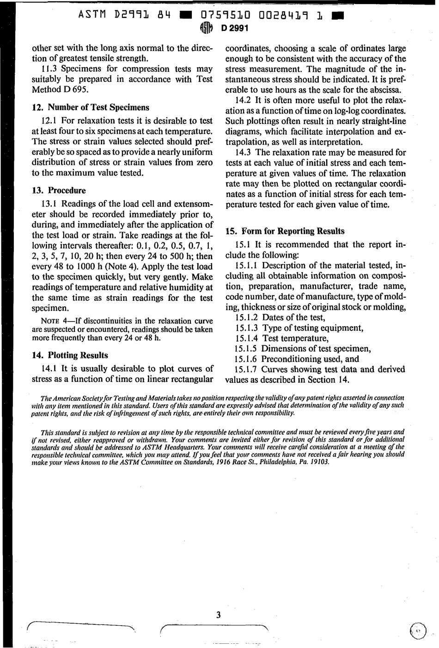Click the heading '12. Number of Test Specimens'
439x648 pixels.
point(90,107)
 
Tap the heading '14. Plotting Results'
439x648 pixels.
point(70,355)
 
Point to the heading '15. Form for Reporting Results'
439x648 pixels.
point(285,231)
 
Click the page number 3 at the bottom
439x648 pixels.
point(219,615)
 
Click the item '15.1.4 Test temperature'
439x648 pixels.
point(282,338)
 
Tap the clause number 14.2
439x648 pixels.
point(244,100)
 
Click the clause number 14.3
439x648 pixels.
point(244,153)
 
